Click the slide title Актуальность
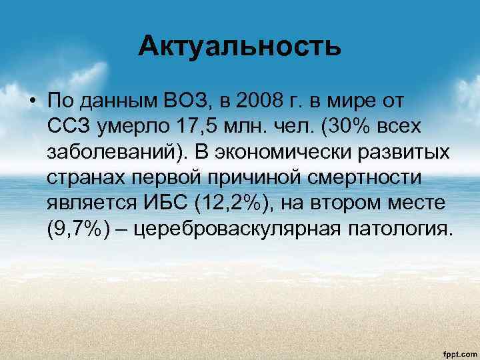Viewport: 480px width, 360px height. click(x=240, y=47)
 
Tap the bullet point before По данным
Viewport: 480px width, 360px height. click(x=33, y=101)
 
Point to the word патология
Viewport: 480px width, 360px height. click(x=399, y=230)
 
